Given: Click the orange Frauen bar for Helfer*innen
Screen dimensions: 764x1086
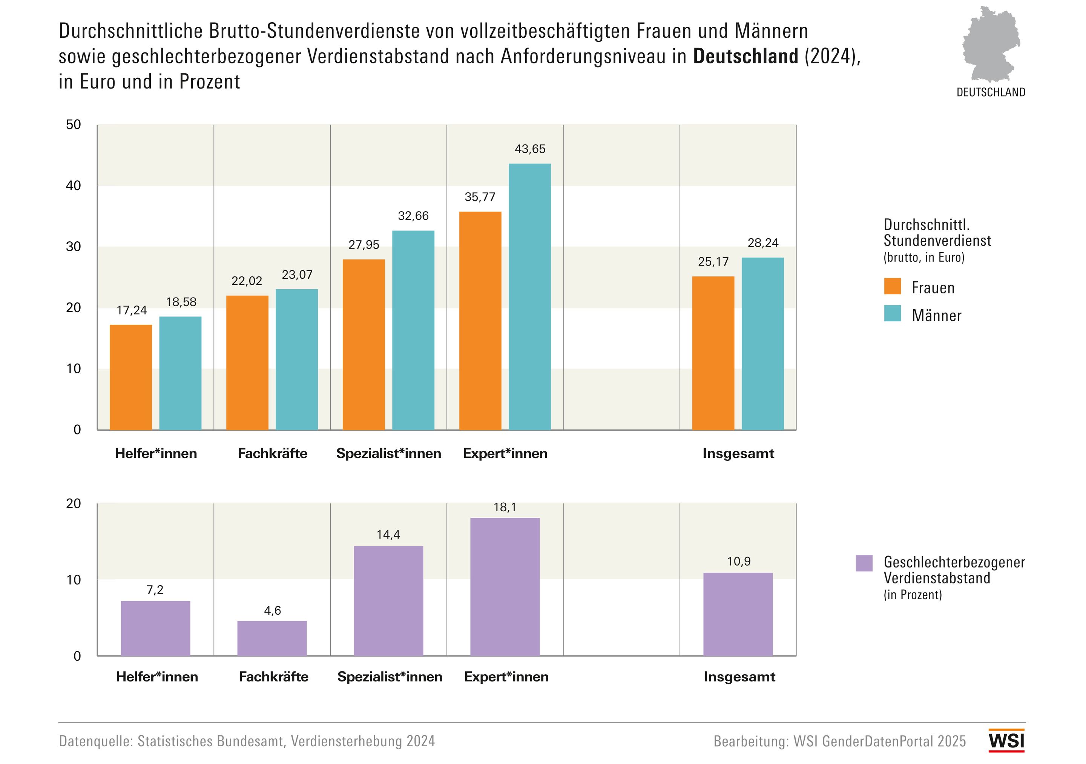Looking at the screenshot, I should click(130, 377).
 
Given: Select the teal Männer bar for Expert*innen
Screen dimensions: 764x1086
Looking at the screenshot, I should click(529, 297).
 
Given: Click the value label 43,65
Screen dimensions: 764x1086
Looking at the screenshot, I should click(530, 149).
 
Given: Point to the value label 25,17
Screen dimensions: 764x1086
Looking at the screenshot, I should click(713, 262).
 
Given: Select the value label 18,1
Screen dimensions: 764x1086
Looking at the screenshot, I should click(505, 507).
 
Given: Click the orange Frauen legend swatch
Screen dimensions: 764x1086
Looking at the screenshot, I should click(892, 286).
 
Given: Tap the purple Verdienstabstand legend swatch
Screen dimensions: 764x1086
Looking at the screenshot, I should click(864, 563).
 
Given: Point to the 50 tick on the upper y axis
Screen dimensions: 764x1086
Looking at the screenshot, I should click(73, 124).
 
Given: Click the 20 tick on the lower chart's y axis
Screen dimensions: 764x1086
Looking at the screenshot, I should click(73, 503).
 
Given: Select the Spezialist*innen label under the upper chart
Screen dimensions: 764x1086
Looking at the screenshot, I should click(388, 453).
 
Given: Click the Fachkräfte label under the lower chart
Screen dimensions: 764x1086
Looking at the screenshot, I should click(273, 677).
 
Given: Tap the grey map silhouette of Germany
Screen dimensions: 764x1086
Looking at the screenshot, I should click(991, 45).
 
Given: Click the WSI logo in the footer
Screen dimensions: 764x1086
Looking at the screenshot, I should click(1006, 740).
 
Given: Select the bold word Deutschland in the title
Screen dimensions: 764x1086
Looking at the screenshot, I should click(745, 56).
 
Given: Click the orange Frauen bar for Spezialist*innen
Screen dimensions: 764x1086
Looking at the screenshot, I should click(363, 344).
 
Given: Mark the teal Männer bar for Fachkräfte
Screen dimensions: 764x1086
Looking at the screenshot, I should click(296, 359).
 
